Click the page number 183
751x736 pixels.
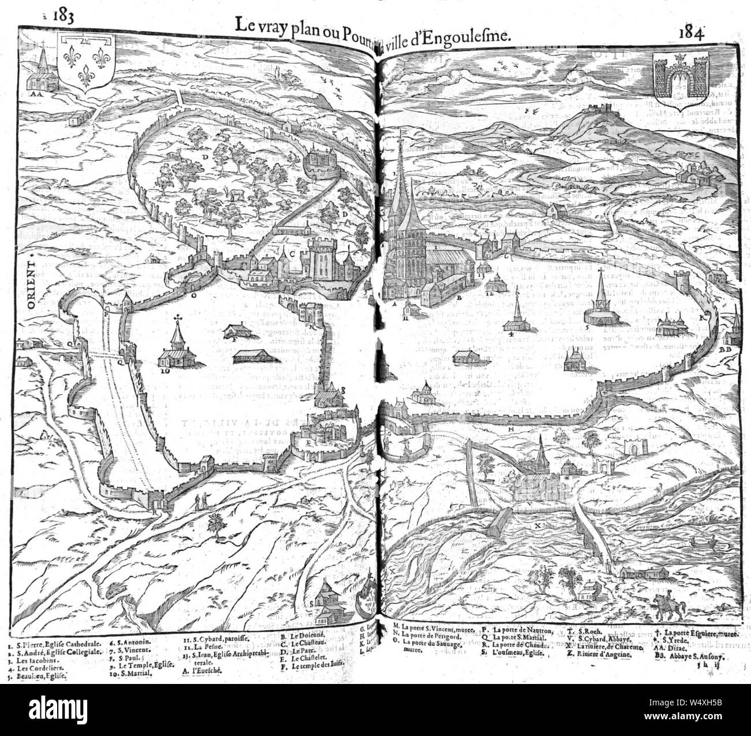pyautogui.click(x=62, y=16)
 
